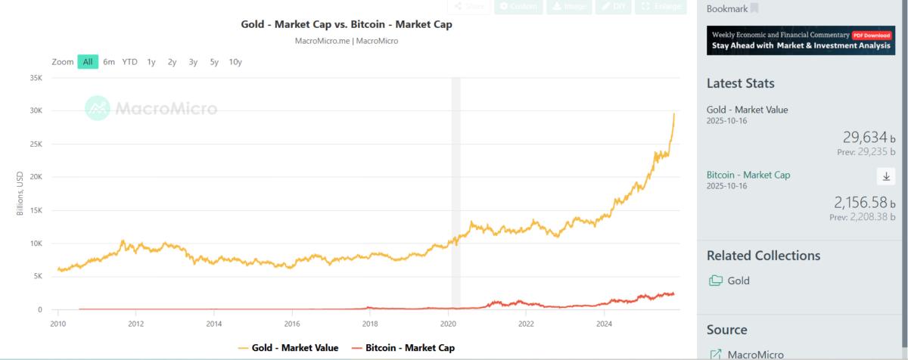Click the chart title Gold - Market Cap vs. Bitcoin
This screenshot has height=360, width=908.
[x=346, y=25]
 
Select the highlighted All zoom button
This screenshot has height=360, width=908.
[x=88, y=62]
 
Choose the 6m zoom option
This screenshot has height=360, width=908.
[x=109, y=62]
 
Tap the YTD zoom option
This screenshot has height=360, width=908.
[x=130, y=62]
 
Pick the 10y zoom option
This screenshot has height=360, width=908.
[x=235, y=62]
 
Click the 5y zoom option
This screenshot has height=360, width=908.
[x=214, y=62]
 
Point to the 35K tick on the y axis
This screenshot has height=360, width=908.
[x=35, y=78]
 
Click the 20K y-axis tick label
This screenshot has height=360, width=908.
[x=35, y=177]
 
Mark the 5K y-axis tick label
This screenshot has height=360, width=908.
[x=37, y=277]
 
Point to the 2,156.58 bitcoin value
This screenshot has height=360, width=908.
[x=861, y=203]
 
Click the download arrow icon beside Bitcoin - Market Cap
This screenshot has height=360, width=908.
[x=886, y=176]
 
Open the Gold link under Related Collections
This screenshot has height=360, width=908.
[x=738, y=281]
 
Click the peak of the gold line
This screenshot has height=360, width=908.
[x=674, y=114]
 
